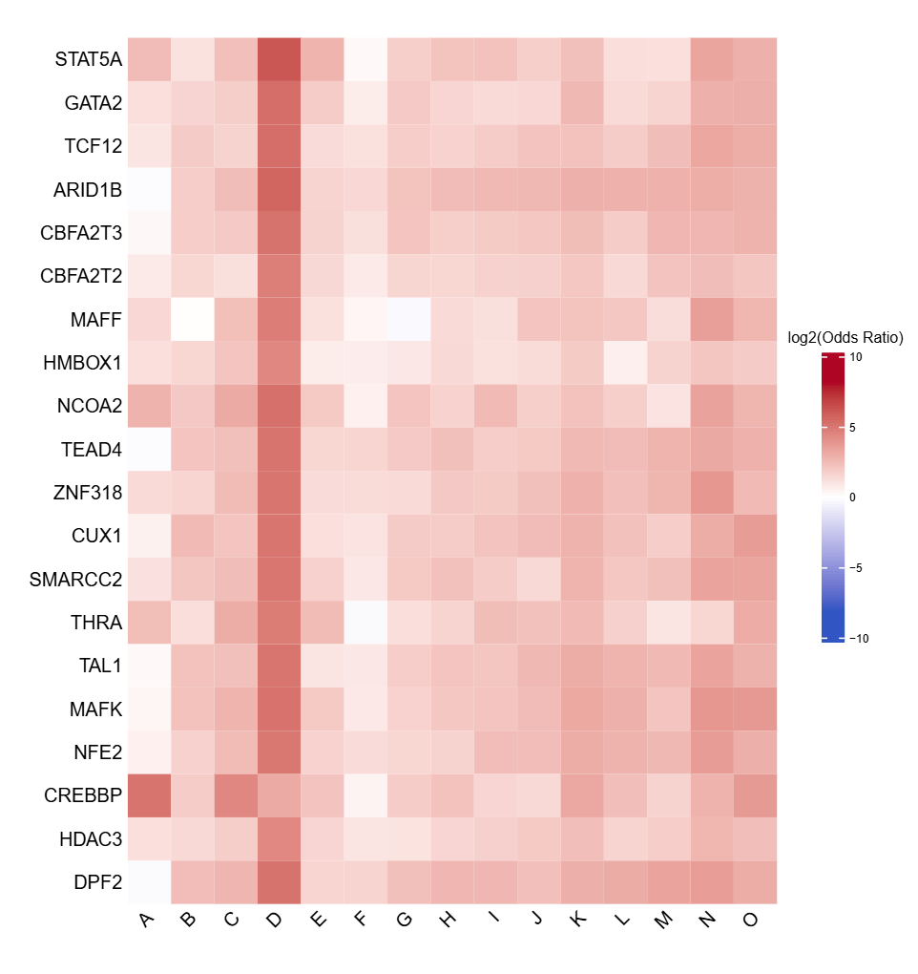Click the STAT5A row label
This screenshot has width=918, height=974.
coord(89,59)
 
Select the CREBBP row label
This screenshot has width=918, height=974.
coord(83,795)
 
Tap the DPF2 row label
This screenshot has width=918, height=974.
coord(97,882)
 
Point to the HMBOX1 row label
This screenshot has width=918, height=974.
coord(83,363)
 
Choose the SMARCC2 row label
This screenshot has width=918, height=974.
coord(76,579)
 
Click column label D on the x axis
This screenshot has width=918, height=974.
coord(277,920)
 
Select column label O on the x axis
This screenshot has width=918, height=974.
coord(751,920)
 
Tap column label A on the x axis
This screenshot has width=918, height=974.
coord(147,920)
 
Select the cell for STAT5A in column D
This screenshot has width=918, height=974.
coord(278,59)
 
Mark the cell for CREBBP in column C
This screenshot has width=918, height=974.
coord(235,795)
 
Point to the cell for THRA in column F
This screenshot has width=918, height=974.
coord(364,623)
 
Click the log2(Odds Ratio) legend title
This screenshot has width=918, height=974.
coord(845,337)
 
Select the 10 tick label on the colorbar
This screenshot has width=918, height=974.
coord(856,357)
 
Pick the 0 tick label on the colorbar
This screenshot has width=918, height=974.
coord(853,498)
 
